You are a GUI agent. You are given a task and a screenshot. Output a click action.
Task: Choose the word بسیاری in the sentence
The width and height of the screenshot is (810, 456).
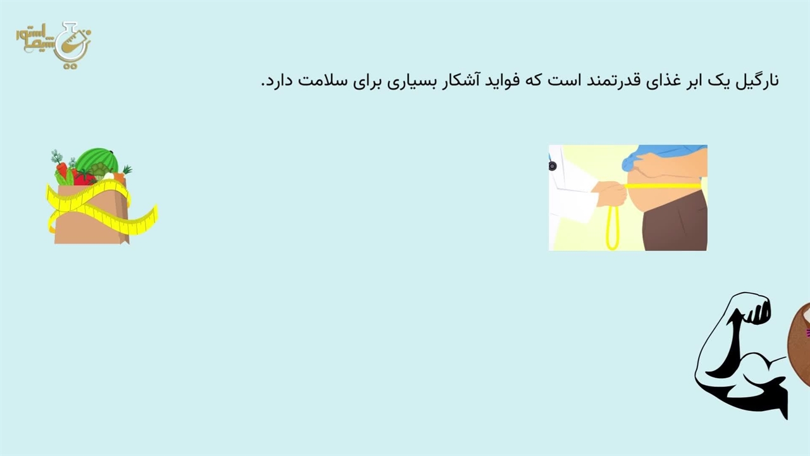coord(411,81)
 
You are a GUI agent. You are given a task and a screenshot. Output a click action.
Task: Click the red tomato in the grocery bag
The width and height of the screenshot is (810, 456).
coord(84,178)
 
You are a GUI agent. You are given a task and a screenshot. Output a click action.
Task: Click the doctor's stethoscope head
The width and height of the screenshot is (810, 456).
coord(552,166)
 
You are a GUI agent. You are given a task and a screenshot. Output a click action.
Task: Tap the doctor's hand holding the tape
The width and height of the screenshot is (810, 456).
coord(611,194)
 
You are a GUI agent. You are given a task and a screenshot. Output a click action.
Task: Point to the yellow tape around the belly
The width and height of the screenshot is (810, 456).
coord(663,186)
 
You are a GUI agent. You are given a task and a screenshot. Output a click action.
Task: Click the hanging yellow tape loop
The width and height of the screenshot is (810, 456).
coord(612,228)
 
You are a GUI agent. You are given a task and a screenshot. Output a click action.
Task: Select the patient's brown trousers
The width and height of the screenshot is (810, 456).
coord(675,222)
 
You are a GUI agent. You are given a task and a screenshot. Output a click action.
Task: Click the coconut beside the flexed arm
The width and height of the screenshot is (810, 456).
coord(799,344)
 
